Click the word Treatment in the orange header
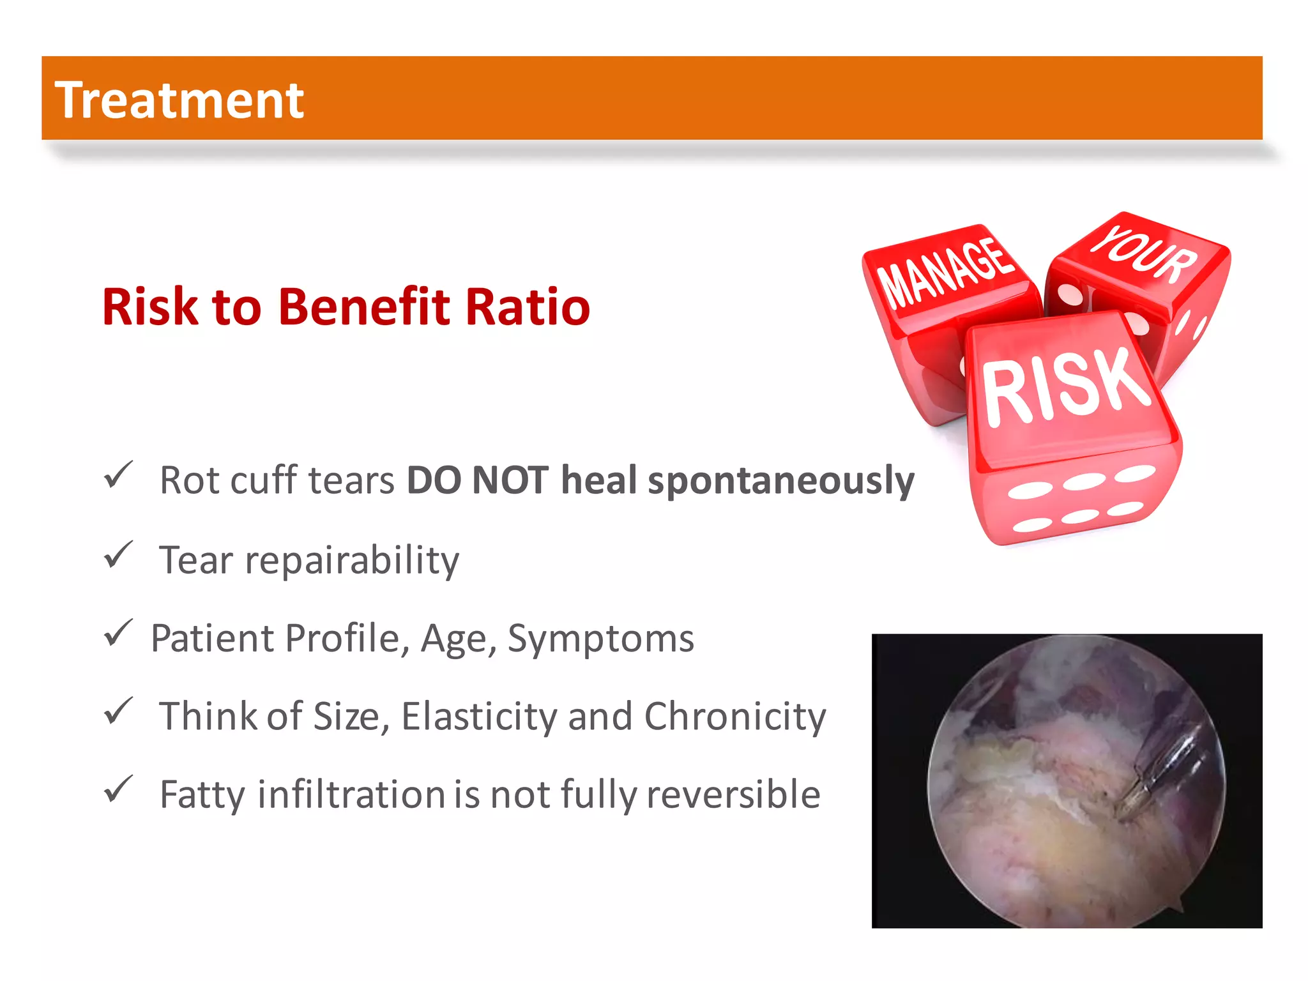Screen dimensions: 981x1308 coord(179,100)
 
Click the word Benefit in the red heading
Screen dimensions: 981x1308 coord(364,307)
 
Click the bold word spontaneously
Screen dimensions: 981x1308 coord(781,480)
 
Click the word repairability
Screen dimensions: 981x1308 coord(352,561)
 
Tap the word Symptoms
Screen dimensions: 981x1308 coord(600,638)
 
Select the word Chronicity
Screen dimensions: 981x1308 coord(734,716)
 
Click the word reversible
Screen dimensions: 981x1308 coord(733,794)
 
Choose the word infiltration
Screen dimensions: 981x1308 coord(351,794)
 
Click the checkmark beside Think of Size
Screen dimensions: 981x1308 coord(118,711)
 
